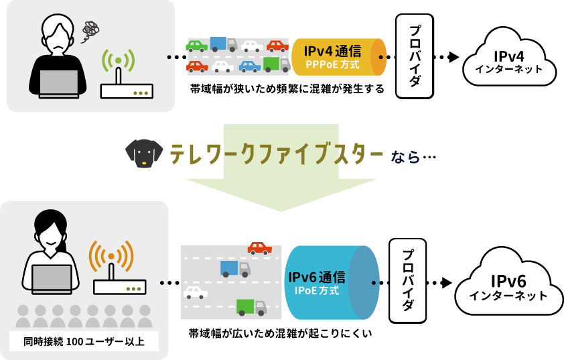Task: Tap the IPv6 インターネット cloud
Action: pos(508,286)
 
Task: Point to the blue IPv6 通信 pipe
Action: pos(332,282)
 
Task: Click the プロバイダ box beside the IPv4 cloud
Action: pos(414,56)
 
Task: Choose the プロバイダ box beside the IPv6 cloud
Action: pos(407,280)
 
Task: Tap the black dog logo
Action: pos(143,152)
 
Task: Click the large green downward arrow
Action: pos(281,168)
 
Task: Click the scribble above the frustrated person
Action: pos(90,30)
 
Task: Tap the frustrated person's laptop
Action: pos(58,84)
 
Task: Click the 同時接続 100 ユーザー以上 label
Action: pos(84,341)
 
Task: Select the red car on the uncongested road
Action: pos(259,249)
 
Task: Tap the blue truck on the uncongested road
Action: pos(234,269)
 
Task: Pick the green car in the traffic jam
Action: pos(196,46)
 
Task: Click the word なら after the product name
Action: pos(405,156)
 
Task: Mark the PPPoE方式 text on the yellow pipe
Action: pos(332,66)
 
